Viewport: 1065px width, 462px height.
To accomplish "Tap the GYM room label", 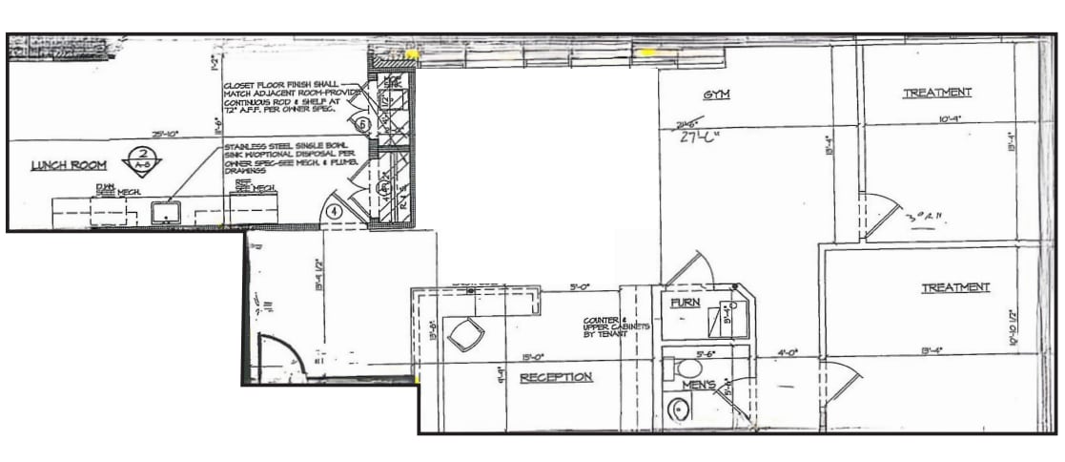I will (x=716, y=95).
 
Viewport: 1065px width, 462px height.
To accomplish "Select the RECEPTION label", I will (x=556, y=377).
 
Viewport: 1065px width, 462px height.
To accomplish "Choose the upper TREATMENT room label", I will (x=936, y=93).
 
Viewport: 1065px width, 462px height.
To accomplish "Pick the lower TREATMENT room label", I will (x=954, y=287).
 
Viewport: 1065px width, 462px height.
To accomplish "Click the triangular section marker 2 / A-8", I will (x=142, y=157).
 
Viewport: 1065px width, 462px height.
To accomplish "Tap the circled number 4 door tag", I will (x=335, y=211).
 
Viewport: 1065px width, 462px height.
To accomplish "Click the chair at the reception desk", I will (x=465, y=334).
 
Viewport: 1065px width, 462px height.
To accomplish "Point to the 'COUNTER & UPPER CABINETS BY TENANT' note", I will (x=617, y=326).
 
